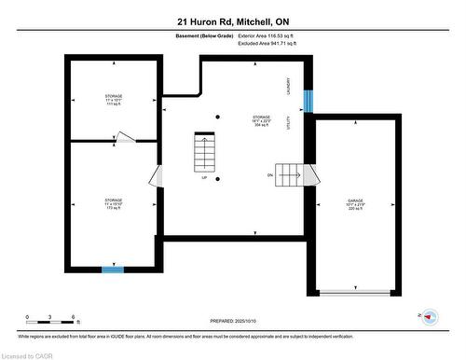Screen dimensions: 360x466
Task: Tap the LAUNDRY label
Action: pyautogui.click(x=291, y=85)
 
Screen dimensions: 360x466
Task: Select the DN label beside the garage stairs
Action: pyautogui.click(x=270, y=174)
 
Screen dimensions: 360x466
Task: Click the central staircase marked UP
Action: pyautogui.click(x=205, y=150)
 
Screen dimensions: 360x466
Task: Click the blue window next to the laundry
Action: pyautogui.click(x=308, y=101)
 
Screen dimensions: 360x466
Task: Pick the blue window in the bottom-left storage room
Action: pyautogui.click(x=113, y=270)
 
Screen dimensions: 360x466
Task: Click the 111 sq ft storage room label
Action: pyautogui.click(x=113, y=99)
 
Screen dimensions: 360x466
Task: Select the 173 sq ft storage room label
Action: pyautogui.click(x=113, y=204)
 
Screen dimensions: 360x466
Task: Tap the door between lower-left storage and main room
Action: pyautogui.click(x=157, y=174)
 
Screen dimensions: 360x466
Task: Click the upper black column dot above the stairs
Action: pyautogui.click(x=217, y=117)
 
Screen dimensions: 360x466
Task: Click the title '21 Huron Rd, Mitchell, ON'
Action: pyautogui.click(x=232, y=20)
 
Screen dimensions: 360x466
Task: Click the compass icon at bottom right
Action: pyautogui.click(x=430, y=317)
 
